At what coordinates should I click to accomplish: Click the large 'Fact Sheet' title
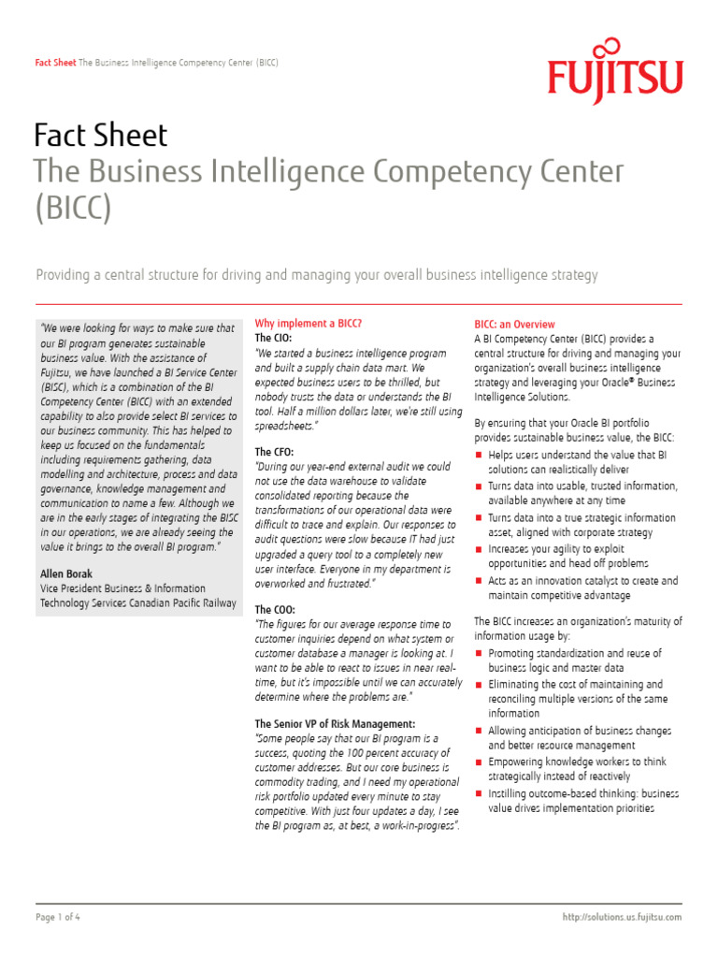click(100, 136)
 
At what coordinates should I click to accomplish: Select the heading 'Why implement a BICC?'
click(308, 324)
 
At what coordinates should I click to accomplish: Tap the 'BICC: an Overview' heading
click(514, 325)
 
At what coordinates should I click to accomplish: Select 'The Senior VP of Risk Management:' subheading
click(335, 724)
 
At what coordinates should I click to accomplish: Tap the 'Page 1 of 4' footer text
click(58, 917)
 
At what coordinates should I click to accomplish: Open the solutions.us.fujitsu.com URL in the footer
click(623, 917)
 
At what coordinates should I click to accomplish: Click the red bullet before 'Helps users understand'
click(479, 456)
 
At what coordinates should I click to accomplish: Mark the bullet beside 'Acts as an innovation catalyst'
click(479, 582)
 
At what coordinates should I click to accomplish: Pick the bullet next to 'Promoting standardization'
click(479, 654)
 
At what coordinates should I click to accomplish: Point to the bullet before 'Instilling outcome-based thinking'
click(479, 794)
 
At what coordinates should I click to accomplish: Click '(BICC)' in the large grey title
click(73, 208)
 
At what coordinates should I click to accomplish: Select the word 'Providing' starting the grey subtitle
click(65, 275)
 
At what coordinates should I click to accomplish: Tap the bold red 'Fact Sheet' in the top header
click(55, 63)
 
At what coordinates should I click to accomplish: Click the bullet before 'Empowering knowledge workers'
click(479, 762)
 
